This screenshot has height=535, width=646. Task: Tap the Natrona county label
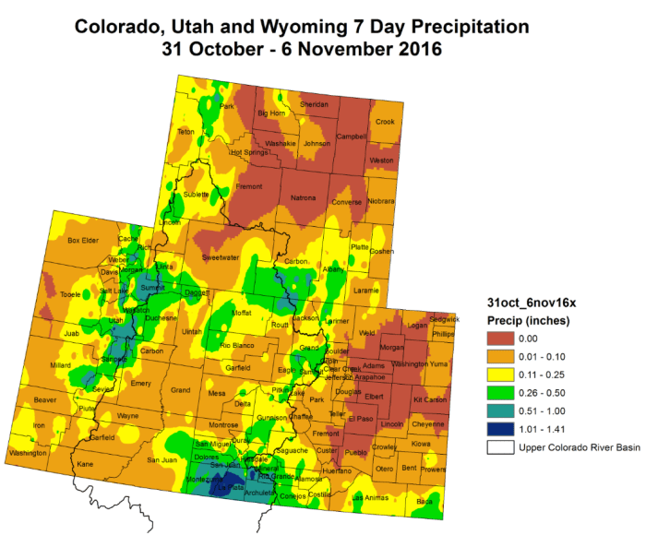[x=303, y=198]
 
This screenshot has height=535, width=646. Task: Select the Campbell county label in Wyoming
[x=350, y=137]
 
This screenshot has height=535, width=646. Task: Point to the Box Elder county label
[x=82, y=241]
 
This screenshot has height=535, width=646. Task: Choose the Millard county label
[x=60, y=365]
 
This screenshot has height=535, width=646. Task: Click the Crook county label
[x=385, y=122]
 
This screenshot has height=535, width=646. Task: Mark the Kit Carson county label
[x=429, y=399]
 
